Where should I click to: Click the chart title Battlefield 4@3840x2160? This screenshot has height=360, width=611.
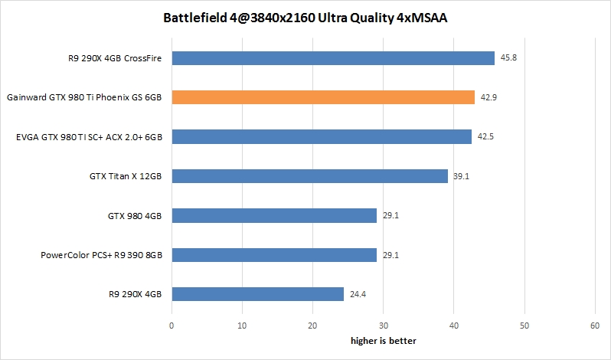(x=305, y=18)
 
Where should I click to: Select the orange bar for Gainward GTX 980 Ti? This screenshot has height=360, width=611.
(x=323, y=97)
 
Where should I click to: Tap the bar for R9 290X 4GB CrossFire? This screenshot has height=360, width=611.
(x=333, y=58)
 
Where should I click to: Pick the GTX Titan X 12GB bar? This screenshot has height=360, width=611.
(x=309, y=176)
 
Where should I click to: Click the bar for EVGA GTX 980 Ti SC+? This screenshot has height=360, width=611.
(x=322, y=137)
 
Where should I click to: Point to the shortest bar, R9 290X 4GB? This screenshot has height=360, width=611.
(x=257, y=294)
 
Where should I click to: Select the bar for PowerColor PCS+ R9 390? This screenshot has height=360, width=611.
(x=274, y=255)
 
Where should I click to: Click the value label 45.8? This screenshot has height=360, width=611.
(x=508, y=58)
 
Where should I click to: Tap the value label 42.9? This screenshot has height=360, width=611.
(x=488, y=97)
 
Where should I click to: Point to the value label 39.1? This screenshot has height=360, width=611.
(x=461, y=176)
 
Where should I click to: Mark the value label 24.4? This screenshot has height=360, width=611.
(x=358, y=294)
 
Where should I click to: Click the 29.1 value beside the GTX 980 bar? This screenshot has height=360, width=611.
(x=390, y=216)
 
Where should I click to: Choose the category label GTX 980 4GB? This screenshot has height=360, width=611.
(x=136, y=216)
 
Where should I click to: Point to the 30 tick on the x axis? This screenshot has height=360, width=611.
(x=383, y=326)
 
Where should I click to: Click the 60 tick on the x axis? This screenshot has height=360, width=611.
(x=595, y=326)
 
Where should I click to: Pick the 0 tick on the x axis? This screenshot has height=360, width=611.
(x=172, y=326)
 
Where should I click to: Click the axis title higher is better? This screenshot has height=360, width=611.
(x=383, y=339)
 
